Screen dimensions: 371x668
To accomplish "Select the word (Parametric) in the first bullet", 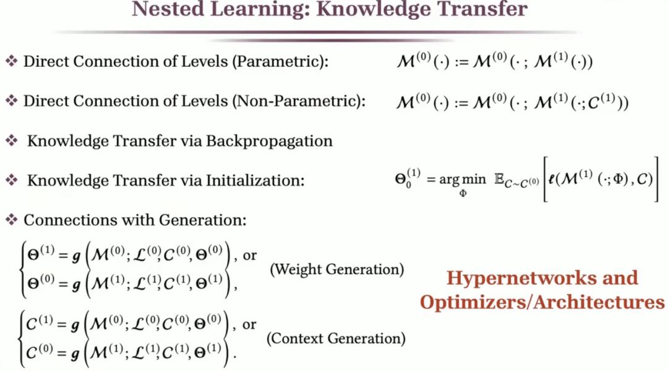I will (x=282, y=62).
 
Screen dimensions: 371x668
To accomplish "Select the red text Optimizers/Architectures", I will (x=542, y=302).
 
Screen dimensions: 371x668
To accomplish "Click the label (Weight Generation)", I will (x=337, y=269).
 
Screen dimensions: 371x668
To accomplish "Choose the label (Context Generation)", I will (x=336, y=339).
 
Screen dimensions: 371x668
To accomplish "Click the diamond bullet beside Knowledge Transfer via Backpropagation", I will (x=12, y=141).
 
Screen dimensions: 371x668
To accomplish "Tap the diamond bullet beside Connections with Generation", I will (x=11, y=220).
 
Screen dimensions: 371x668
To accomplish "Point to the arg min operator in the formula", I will (x=462, y=180).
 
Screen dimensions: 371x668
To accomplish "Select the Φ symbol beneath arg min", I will (x=463, y=194).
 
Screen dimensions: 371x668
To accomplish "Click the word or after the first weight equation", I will (x=249, y=256).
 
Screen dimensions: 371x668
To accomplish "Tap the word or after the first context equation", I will (x=249, y=325).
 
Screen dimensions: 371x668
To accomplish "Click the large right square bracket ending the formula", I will (x=656, y=180).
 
